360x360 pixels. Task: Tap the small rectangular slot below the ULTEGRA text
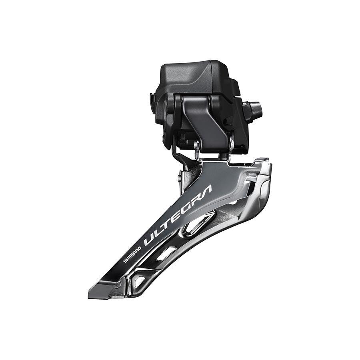point(166,254)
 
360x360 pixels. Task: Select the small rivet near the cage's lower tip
point(118,285)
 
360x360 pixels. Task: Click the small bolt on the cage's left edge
point(180,176)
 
